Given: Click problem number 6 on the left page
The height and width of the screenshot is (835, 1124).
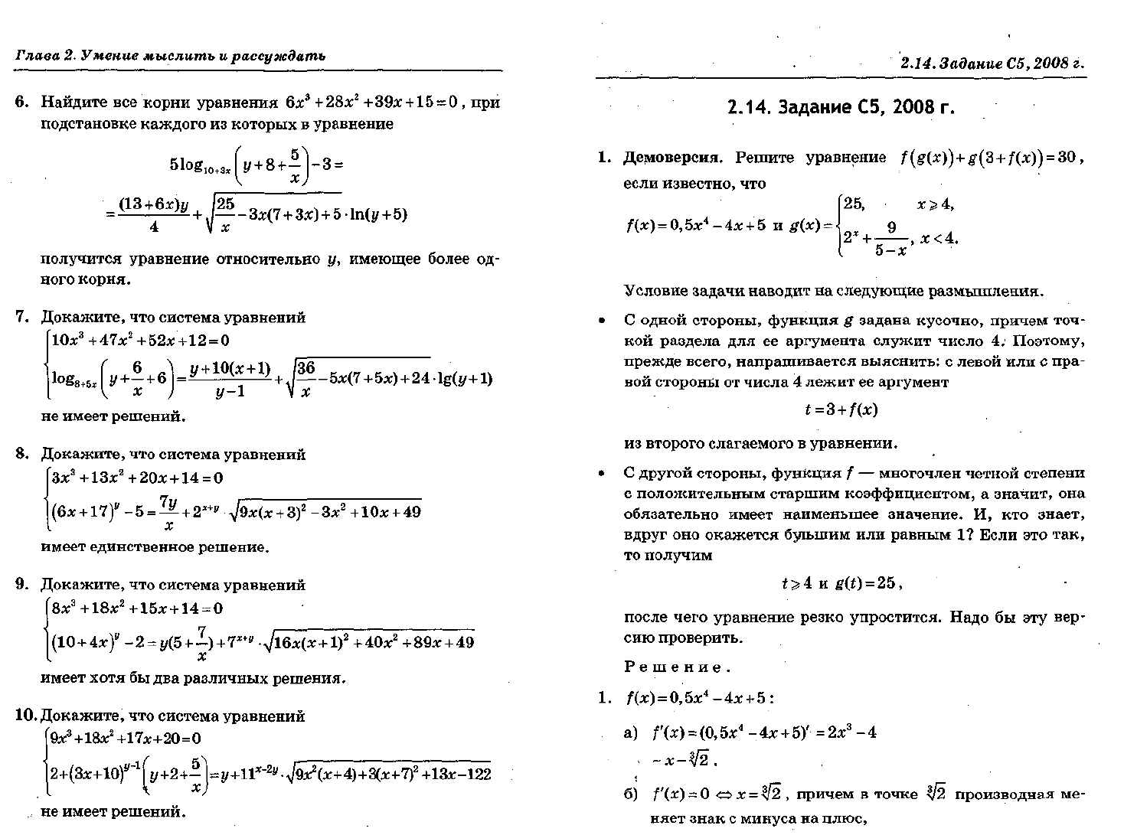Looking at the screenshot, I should [21, 103].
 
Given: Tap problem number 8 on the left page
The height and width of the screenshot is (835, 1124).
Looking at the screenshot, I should [21, 454].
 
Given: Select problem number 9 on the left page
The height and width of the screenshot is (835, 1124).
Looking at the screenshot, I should [21, 585].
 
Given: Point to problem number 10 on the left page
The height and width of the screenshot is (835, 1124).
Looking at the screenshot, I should [25, 716].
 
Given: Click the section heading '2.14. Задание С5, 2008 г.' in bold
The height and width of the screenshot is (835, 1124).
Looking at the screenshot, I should [841, 107].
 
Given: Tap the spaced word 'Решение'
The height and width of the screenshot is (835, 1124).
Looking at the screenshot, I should [672, 667].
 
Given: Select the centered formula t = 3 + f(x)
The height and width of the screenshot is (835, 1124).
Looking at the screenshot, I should [841, 409].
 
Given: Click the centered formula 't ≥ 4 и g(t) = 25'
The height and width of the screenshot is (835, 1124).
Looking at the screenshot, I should [841, 583].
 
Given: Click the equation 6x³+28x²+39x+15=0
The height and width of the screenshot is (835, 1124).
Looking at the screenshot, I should [371, 103].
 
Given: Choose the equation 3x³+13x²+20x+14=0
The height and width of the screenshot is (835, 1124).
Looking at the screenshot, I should [136, 478].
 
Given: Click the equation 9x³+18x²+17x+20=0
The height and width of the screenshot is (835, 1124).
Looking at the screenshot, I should [125, 739].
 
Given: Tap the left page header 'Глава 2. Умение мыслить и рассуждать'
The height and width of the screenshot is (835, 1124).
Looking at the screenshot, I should [171, 56].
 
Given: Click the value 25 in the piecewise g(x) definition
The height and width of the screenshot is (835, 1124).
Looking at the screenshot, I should [853, 204].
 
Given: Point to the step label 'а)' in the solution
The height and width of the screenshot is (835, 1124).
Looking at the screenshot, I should [630, 733].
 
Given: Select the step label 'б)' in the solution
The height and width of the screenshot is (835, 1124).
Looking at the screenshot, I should [630, 794].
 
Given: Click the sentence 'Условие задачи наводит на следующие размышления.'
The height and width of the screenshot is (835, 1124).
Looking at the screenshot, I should [832, 292].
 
